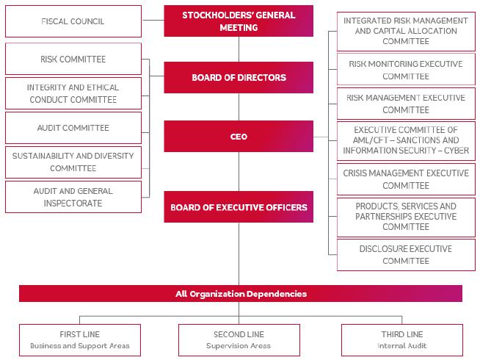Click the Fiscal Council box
[x=73, y=21]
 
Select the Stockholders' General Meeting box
[x=239, y=21]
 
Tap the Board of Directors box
[x=239, y=77]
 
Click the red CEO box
[x=239, y=137]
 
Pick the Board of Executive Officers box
[x=239, y=207]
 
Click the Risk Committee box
[x=73, y=59]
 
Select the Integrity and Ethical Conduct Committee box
[x=73, y=93]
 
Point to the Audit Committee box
[x=73, y=128]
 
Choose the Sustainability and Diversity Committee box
[x=73, y=162]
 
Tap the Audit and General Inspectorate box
[x=73, y=196]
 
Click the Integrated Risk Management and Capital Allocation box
[x=405, y=31]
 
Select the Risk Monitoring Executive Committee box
[x=405, y=70]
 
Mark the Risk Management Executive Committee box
[x=405, y=104]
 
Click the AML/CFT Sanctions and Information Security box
[x=405, y=140]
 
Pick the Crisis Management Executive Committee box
[x=405, y=179]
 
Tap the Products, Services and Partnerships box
[x=405, y=217]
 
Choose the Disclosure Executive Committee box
[x=405, y=255]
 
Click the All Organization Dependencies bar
[x=240, y=294]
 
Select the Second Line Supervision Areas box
[x=239, y=340]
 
